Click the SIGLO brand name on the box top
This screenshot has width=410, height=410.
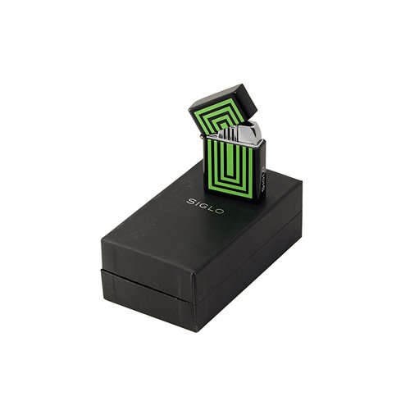(x=205, y=207)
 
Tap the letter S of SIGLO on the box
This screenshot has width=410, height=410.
(x=190, y=202)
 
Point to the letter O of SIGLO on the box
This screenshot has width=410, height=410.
(x=221, y=211)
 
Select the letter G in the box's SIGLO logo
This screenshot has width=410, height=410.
(x=203, y=206)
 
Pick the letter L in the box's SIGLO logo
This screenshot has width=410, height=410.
(x=212, y=208)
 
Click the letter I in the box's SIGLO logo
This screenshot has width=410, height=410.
(x=197, y=203)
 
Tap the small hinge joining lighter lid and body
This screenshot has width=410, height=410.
(x=202, y=136)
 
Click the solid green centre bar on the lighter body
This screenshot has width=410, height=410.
(x=230, y=160)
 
